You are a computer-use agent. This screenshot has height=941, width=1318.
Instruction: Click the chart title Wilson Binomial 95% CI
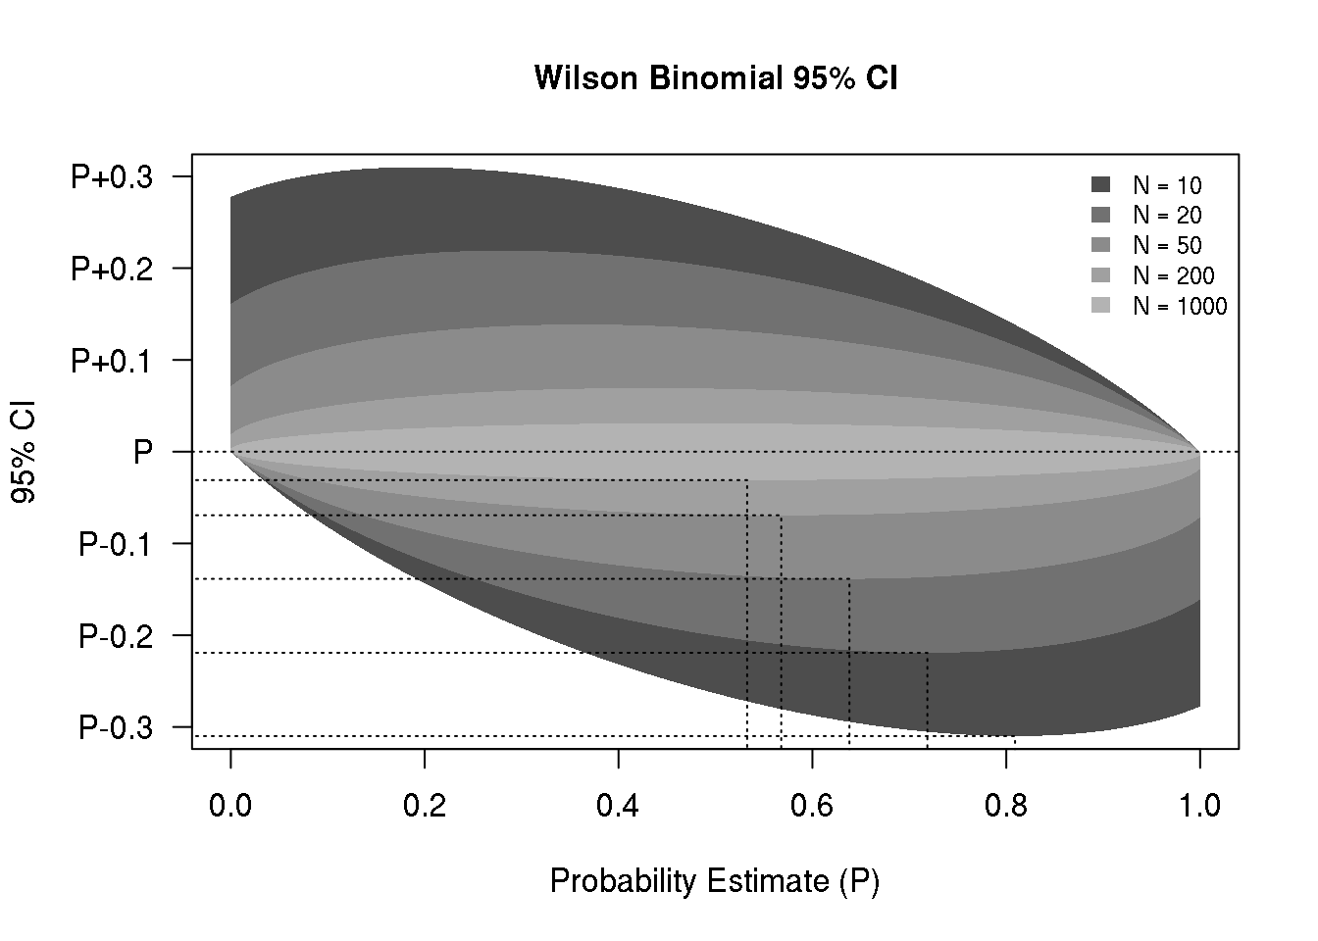point(716,78)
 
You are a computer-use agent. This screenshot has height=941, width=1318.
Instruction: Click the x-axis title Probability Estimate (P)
point(714,881)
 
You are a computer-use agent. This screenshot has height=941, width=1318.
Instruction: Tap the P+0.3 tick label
point(112,177)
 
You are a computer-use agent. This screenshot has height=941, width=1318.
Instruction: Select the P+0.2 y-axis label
point(112,269)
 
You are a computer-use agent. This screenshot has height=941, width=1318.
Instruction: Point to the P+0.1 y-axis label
point(112,361)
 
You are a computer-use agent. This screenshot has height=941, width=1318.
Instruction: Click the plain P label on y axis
point(143,452)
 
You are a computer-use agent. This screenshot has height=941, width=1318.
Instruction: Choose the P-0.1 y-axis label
point(116,544)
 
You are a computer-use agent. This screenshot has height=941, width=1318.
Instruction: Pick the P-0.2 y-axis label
point(116,636)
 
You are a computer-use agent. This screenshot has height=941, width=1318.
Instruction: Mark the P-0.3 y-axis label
point(116,727)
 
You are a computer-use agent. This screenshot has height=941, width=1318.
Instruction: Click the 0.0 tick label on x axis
point(230,806)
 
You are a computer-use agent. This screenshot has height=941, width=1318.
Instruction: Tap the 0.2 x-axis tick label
point(425,806)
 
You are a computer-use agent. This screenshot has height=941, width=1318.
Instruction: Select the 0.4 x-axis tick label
point(618,806)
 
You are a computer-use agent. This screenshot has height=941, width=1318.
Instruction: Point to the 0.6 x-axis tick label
point(812,806)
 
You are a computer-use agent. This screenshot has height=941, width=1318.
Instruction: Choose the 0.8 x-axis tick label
point(1006,806)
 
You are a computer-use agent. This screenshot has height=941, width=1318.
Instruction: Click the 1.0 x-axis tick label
point(1199,806)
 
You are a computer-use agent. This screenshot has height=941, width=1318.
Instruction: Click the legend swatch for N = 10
point(1100,185)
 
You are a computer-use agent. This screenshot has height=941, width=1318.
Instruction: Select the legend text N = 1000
point(1180,307)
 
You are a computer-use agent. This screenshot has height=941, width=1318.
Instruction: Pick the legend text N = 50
point(1167,246)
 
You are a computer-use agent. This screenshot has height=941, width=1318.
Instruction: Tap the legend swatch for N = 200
point(1100,276)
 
